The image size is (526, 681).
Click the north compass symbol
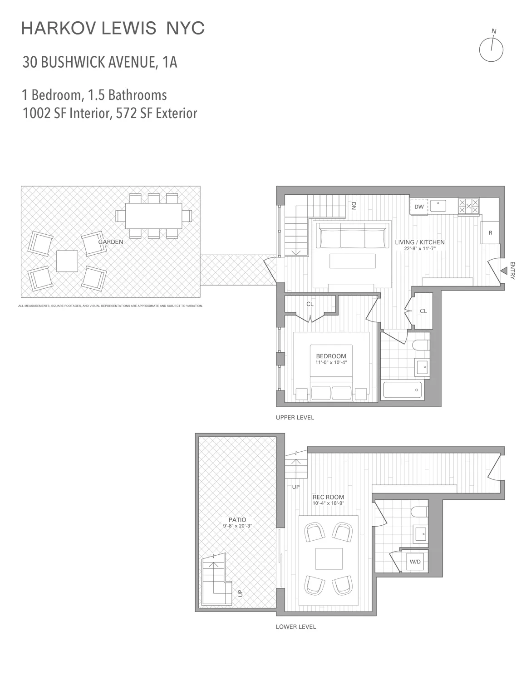pyautogui.click(x=491, y=49)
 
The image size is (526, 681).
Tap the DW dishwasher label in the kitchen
pyautogui.click(x=419, y=207)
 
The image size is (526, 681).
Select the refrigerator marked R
pyautogui.click(x=490, y=232)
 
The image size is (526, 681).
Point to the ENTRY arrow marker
pyautogui.click(x=503, y=271)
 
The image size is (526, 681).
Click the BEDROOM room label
pyautogui.click(x=331, y=356)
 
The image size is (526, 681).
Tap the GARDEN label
pyautogui.click(x=111, y=242)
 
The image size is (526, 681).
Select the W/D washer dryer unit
pyautogui.click(x=415, y=562)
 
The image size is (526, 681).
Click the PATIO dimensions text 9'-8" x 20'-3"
pyautogui.click(x=237, y=526)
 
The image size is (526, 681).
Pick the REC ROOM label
pyautogui.click(x=328, y=497)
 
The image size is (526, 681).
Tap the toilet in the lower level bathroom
pyautogui.click(x=418, y=512)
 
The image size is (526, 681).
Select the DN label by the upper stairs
pyautogui.click(x=354, y=206)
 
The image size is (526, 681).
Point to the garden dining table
pyautogui.click(x=153, y=216)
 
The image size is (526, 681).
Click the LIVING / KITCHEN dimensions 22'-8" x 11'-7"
pyautogui.click(x=419, y=248)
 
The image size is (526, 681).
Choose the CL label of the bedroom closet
pyautogui.click(x=310, y=304)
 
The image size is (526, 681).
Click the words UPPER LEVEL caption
pyautogui.click(x=295, y=417)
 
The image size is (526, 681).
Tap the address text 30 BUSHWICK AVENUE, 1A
pyautogui.click(x=100, y=62)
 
